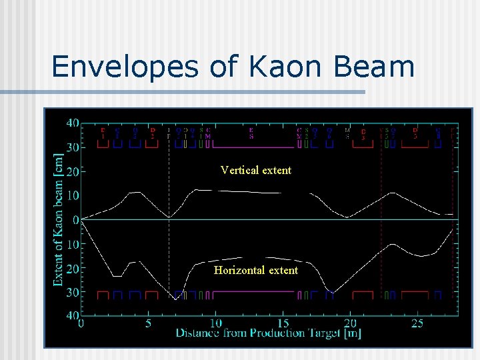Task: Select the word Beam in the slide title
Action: point(378,67)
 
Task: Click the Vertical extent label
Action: point(256,170)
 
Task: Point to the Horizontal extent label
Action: point(256,270)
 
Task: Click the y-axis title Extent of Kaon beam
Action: point(59,219)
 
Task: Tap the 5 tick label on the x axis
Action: point(148,323)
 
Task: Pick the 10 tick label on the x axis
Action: point(215,323)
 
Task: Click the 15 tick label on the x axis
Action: point(282,323)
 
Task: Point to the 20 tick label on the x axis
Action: point(349,323)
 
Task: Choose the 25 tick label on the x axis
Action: point(417,323)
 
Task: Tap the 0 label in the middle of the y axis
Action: point(75,219)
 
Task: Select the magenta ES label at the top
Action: point(251,133)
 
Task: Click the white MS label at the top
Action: point(347,133)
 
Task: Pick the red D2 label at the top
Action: point(153,133)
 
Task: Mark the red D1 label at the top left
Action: point(103,133)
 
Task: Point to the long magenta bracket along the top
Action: point(251,147)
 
